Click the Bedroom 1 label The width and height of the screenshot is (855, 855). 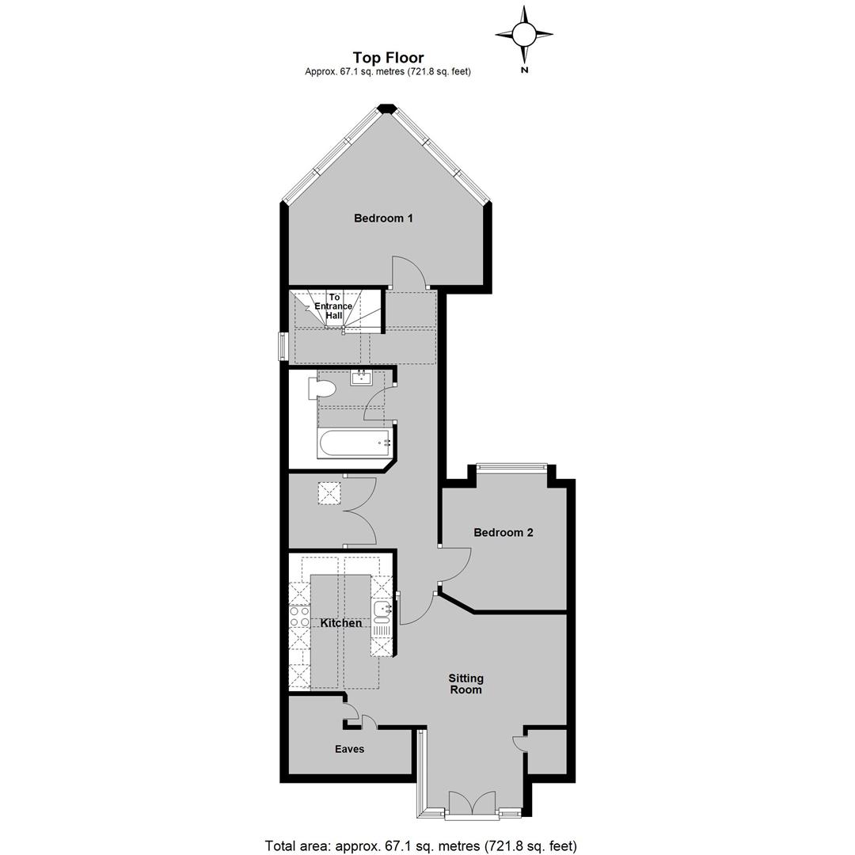click(x=383, y=218)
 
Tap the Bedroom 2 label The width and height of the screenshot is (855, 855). click(x=503, y=532)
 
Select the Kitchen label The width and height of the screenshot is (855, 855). click(x=340, y=623)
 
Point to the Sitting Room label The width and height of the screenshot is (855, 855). click(x=465, y=684)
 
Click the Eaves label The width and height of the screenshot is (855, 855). click(x=350, y=749)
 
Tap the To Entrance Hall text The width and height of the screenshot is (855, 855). click(x=334, y=306)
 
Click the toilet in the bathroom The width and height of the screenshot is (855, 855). click(x=321, y=389)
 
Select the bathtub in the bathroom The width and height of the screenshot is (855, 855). click(x=354, y=444)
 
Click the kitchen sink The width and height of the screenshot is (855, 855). click(x=381, y=612)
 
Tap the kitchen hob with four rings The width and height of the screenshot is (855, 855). click(x=299, y=617)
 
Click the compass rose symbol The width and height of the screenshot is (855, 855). click(x=524, y=34)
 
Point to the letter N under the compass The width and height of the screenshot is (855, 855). click(x=525, y=70)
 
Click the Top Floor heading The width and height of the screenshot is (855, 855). click(x=388, y=57)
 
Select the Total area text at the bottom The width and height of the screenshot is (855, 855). click(x=420, y=845)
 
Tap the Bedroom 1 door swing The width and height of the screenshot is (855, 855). click(x=409, y=272)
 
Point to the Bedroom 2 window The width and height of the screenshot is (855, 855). click(x=511, y=465)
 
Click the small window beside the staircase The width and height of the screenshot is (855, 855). click(x=283, y=346)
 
